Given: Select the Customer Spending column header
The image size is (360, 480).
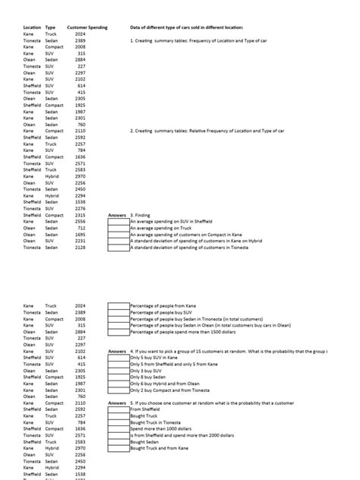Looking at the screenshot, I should point(87,27).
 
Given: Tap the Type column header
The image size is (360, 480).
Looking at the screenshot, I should point(50,27).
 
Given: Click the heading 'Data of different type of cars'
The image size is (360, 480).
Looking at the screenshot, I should point(186,27).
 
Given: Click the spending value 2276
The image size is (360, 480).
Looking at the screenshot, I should point(81,209).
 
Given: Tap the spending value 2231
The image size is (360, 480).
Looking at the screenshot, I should point(81,241).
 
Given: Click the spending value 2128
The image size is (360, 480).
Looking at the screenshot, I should point(81,248).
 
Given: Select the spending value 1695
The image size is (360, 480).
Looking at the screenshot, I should point(81,235).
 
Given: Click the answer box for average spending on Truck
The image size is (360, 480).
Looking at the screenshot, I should point(118,228).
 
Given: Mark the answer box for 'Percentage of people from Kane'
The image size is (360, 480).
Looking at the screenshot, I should point(118,305).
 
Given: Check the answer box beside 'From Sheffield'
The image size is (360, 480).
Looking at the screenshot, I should point(118,409).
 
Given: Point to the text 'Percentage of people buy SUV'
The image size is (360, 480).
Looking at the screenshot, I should point(163,312).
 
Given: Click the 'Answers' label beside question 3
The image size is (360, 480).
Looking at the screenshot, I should point(116,215).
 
